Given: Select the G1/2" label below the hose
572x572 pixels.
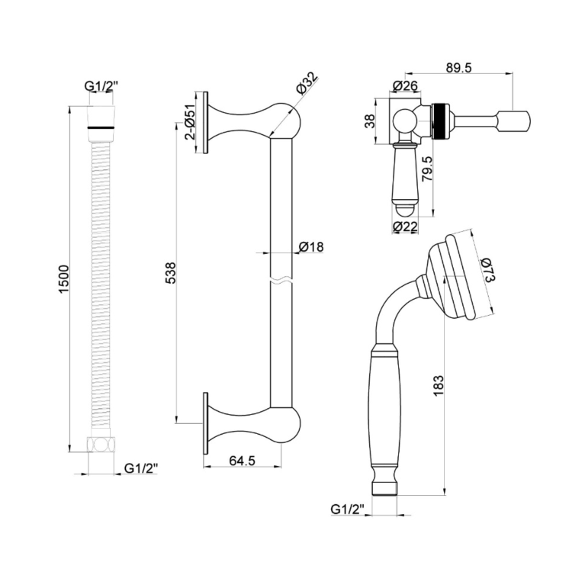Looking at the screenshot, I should [x=141, y=467].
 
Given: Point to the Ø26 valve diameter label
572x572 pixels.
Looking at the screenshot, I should [x=405, y=85].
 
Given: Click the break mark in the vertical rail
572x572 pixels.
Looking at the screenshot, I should [x=281, y=280].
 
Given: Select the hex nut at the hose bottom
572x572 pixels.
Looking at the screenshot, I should [x=100, y=446].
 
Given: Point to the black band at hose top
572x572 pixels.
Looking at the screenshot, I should [x=100, y=123].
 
